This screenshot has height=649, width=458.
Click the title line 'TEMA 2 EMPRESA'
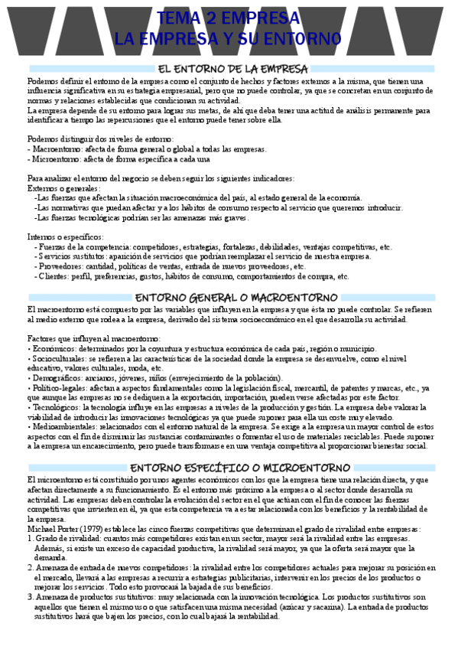click(227, 18)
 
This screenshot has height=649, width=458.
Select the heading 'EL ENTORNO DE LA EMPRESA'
click(229, 70)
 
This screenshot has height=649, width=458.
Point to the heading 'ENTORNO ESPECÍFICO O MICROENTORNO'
click(229, 468)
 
